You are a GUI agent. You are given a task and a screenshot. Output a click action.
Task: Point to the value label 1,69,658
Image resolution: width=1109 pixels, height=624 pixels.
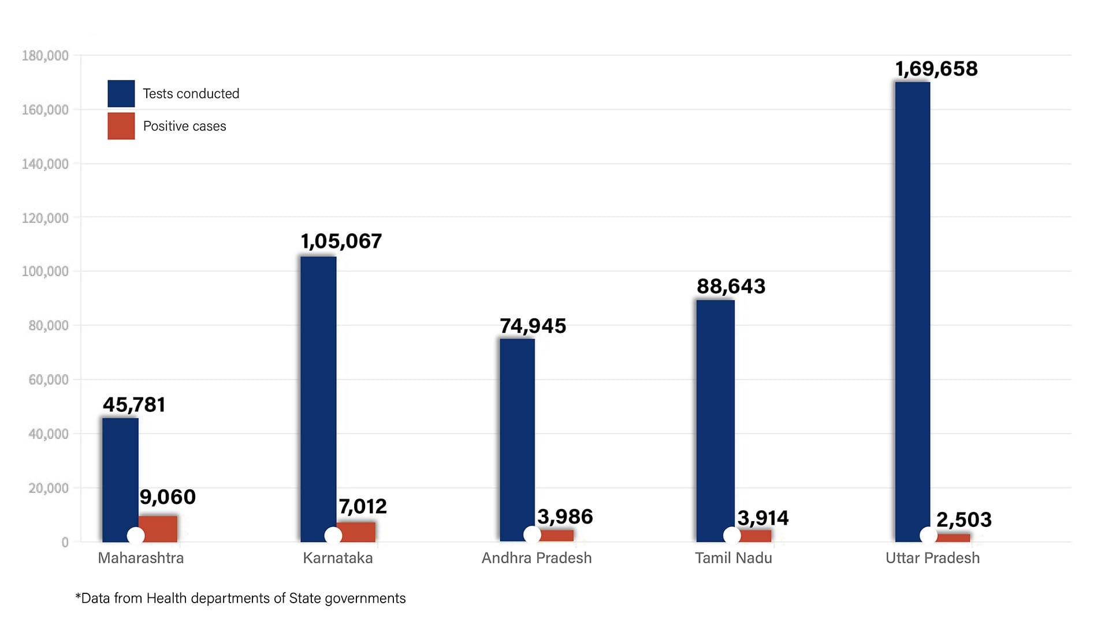[x=936, y=69]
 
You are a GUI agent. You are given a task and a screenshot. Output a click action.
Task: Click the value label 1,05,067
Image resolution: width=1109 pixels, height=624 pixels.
[x=341, y=241]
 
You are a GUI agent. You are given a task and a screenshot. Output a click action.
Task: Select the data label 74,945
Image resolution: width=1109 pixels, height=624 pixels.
[x=533, y=326]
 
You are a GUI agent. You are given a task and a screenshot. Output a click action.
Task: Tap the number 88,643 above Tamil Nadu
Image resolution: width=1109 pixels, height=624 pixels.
[x=731, y=286]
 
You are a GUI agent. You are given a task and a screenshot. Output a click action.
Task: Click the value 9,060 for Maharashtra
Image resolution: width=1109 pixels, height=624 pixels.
[x=168, y=497]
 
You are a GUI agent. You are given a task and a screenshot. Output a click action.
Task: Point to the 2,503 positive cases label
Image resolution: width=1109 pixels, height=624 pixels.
[x=963, y=519]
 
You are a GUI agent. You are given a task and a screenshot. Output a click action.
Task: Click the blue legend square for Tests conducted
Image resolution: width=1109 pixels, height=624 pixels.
[x=121, y=94]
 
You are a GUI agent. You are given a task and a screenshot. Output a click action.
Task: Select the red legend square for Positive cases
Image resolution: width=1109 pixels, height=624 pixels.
[x=121, y=126]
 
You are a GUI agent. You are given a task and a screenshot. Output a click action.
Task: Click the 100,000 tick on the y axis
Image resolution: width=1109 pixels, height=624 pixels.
[x=45, y=271]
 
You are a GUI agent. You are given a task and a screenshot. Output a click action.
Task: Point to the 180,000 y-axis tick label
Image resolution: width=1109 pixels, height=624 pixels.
[x=45, y=55]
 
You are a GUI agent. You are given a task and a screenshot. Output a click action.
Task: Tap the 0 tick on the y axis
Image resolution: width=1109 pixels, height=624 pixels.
[x=65, y=542]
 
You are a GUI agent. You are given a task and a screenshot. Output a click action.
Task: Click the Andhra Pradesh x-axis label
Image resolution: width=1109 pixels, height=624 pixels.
[x=537, y=558]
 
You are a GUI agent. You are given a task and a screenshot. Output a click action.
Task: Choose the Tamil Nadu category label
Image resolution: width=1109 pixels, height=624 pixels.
[x=733, y=558]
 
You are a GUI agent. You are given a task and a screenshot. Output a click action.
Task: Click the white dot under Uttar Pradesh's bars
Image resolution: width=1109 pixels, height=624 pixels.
[x=928, y=536]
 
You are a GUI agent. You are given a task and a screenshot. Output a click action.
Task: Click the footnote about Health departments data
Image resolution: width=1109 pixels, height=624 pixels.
[x=240, y=598]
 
